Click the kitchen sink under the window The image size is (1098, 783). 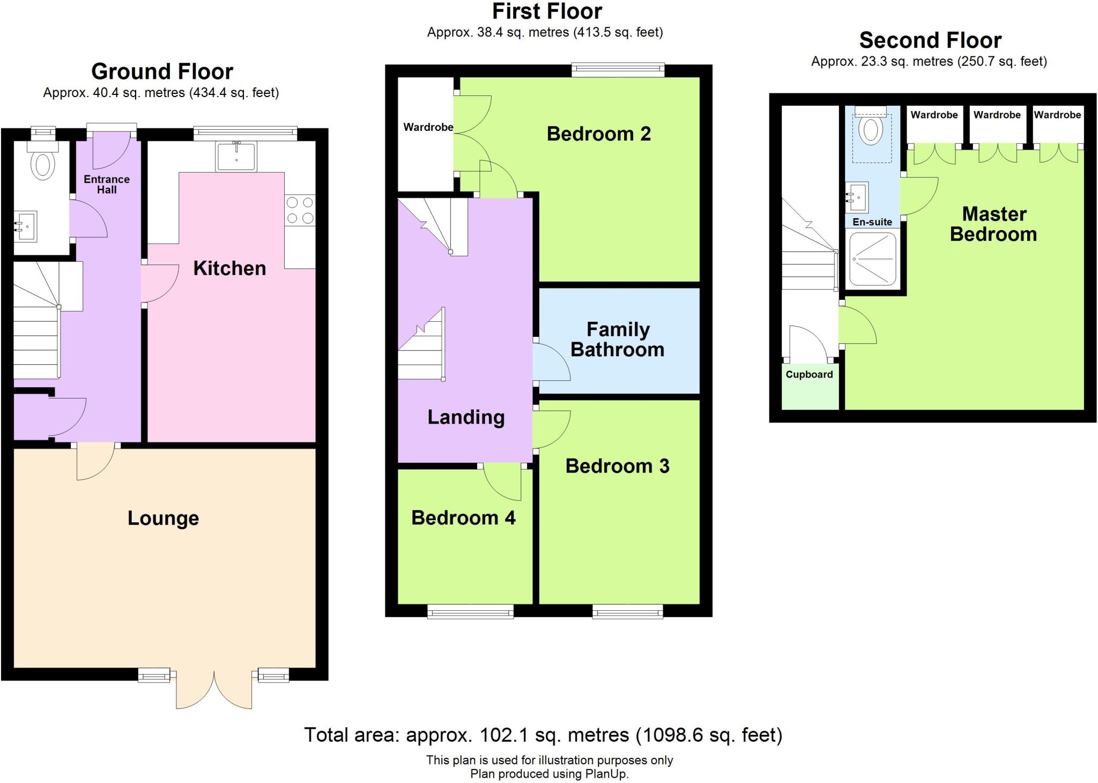(x=236, y=156)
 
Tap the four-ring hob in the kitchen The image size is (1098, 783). (x=300, y=210)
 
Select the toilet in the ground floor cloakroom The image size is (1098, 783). (x=43, y=165)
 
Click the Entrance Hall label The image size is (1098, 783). (x=107, y=184)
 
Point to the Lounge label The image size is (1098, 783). (x=163, y=518)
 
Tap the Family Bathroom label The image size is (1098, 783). (x=618, y=339)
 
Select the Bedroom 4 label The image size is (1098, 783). (x=463, y=518)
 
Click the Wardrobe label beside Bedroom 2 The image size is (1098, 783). (x=428, y=127)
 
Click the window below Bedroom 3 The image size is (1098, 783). (x=627, y=611)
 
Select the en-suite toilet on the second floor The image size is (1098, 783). (x=871, y=129)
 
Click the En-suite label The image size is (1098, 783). (x=872, y=222)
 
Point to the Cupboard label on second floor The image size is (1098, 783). (x=809, y=374)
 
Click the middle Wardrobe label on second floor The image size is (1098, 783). (x=997, y=115)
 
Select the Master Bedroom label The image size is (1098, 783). (x=993, y=224)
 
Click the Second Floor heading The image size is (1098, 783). (x=930, y=41)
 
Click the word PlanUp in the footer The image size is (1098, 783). (x=606, y=774)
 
